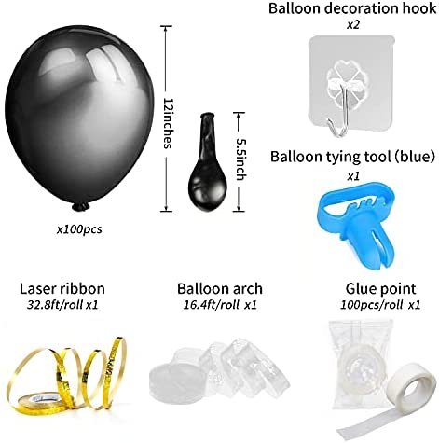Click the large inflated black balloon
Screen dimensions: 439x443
pyautogui.click(x=79, y=118)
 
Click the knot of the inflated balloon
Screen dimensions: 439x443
pyautogui.click(x=80, y=207)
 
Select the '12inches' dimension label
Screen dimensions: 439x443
pyautogui.click(x=168, y=123)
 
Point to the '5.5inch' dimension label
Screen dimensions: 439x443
pyautogui.click(x=241, y=159)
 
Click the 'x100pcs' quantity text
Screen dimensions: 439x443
pyautogui.click(x=79, y=229)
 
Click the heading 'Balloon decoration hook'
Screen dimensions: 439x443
pyautogui.click(x=352, y=8)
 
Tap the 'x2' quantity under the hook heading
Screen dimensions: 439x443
pyautogui.click(x=353, y=24)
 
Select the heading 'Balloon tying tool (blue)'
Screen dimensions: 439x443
pyautogui.click(x=352, y=157)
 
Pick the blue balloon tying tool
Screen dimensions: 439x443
pyautogui.click(x=356, y=224)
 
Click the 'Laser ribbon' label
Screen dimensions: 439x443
pyautogui.click(x=62, y=289)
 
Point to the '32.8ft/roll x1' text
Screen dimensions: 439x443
pyautogui.click(x=62, y=305)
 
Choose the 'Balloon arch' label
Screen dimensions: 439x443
pyautogui.click(x=220, y=289)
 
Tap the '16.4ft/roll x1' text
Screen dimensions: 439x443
pyautogui.click(x=220, y=305)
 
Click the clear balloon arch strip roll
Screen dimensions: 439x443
pyautogui.click(x=219, y=369)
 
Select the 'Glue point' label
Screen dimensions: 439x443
pyautogui.click(x=380, y=289)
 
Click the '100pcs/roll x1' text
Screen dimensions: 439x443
pyautogui.click(x=380, y=305)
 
